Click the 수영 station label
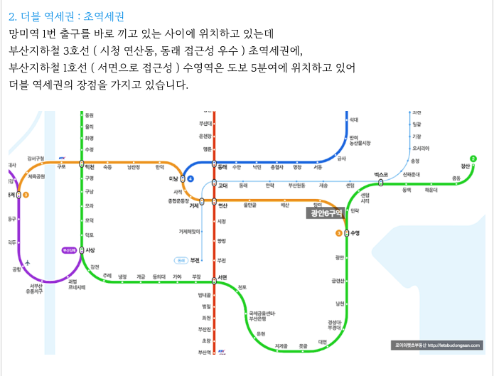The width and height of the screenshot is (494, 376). pos(355,233)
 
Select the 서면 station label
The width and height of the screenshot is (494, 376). pos(222,277)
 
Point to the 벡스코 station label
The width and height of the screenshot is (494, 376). pos(382,175)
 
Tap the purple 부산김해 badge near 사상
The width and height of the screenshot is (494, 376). pos(69,250)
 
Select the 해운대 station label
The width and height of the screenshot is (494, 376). pos(431,190)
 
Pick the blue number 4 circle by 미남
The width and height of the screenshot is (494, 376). pos(190,178)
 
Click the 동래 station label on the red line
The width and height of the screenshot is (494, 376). pos(222,167)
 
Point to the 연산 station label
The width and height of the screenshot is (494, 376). pos(222,205)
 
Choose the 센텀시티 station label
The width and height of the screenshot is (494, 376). pos(365,198)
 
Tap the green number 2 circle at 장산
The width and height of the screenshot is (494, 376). pos(473,159)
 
